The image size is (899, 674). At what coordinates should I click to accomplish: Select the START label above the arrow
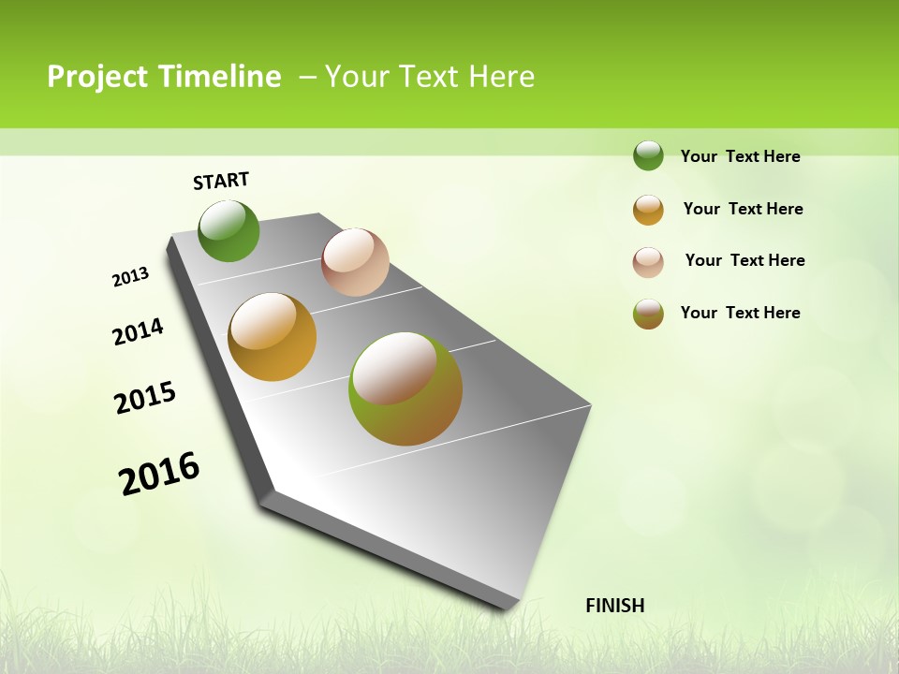tap(221, 181)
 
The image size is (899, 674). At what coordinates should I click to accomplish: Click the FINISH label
tap(614, 606)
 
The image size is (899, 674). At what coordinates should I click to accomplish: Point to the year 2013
tap(130, 277)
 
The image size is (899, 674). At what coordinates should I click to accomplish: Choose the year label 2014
tap(138, 331)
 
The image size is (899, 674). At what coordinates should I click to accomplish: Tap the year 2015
tap(145, 398)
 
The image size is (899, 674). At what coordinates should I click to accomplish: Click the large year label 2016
tap(159, 474)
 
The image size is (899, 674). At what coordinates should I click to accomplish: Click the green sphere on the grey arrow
tap(228, 230)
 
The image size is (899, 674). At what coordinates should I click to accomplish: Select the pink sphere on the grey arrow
tap(355, 262)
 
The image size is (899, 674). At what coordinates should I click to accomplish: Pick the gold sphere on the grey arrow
tap(272, 337)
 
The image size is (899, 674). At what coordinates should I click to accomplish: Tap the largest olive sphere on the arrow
tap(405, 388)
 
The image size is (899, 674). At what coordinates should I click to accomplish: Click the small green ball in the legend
tap(648, 155)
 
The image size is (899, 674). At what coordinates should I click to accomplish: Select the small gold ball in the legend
tap(648, 210)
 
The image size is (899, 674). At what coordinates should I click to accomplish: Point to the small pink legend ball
tap(648, 262)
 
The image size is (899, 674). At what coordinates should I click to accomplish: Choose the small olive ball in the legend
tap(648, 314)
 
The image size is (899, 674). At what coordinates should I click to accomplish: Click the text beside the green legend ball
tap(740, 156)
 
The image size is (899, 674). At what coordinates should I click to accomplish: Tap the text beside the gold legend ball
tap(743, 209)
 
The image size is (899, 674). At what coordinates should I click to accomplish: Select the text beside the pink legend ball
tap(744, 260)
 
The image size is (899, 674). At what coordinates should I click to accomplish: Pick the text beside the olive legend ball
tap(740, 313)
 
